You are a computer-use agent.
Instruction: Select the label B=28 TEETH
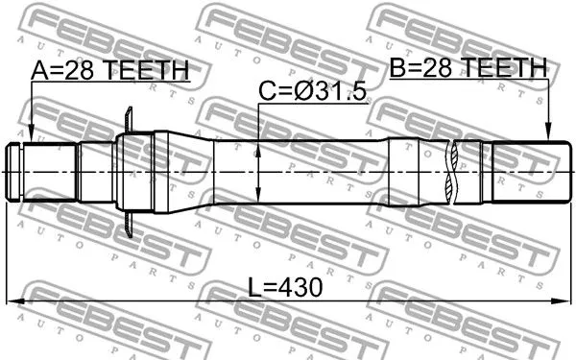coord(468,67)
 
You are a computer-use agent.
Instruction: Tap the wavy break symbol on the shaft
coord(452,172)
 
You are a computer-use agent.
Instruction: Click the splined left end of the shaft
coord(43,172)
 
